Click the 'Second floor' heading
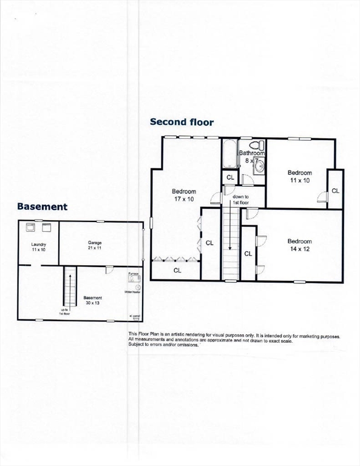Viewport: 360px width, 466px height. coord(182,122)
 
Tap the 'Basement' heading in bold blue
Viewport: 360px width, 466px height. coord(42,206)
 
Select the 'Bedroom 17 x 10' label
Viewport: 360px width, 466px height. coord(183,195)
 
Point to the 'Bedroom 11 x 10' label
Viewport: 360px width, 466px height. coord(299,177)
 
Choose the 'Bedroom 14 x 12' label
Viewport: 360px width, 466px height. coord(299,245)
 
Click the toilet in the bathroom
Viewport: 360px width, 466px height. coord(259,146)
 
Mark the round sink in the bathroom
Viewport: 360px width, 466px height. coord(259,165)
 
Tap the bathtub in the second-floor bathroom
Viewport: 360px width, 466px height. coord(229,154)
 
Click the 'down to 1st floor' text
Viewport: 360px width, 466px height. coord(240,200)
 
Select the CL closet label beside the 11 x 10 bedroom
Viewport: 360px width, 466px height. coord(335,191)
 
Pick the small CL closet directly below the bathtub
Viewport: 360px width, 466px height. coord(230,177)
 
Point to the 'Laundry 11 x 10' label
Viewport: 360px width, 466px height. coord(39,248)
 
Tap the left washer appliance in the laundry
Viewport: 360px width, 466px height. coord(30,228)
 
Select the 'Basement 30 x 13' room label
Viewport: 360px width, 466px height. coord(92,300)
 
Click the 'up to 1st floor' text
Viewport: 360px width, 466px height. coord(64,312)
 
